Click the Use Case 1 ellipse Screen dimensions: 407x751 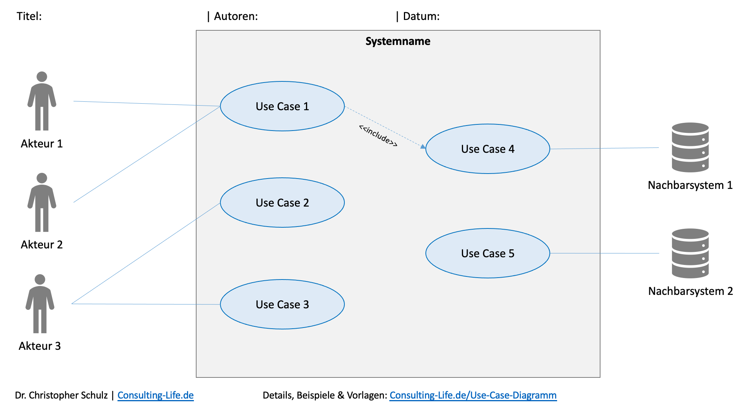click(282, 106)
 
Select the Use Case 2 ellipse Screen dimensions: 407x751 click(282, 203)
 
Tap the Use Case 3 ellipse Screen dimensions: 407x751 click(282, 304)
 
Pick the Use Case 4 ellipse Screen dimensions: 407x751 click(488, 149)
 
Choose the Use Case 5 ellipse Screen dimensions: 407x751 click(488, 253)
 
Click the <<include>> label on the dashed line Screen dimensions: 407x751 click(378, 136)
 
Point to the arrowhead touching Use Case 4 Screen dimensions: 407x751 click(423, 146)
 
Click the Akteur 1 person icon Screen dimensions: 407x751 click(42, 101)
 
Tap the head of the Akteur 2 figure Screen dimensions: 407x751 click(42, 178)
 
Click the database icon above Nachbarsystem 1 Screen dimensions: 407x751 click(690, 147)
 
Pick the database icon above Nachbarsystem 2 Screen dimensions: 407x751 click(690, 253)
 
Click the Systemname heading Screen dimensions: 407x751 click(398, 41)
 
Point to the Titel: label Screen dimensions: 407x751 click(29, 16)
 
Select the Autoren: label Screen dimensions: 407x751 click(235, 16)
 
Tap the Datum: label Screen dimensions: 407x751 click(421, 16)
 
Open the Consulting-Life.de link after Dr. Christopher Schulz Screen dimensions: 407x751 click(155, 395)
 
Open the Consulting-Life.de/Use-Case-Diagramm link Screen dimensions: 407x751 click(473, 395)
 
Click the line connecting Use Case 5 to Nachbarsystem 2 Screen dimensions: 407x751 click(605, 253)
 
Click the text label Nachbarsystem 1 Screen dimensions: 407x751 click(690, 185)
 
